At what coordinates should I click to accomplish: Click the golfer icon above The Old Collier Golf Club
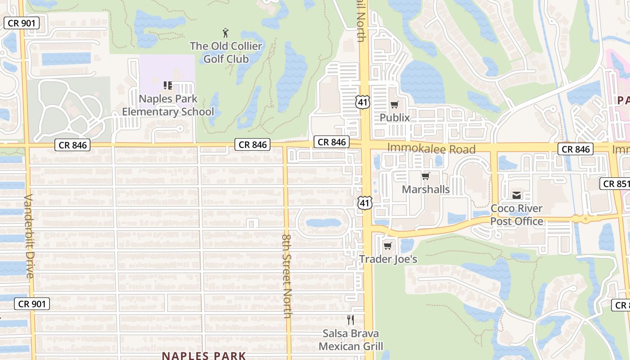click(x=225, y=33)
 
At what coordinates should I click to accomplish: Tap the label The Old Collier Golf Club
click(x=226, y=52)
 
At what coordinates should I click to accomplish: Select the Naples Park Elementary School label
click(x=168, y=105)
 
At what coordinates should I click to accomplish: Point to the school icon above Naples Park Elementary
click(x=168, y=85)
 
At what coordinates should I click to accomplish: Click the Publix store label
click(x=395, y=117)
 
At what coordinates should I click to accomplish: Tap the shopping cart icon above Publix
click(x=395, y=105)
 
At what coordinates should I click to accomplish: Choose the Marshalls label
click(x=426, y=189)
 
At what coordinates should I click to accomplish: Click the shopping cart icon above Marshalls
click(x=426, y=176)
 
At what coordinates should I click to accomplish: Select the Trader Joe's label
click(x=388, y=259)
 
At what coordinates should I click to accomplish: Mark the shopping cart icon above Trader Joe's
click(x=388, y=246)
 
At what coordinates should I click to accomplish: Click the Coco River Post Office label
click(x=517, y=215)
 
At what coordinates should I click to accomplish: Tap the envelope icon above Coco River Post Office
click(x=517, y=195)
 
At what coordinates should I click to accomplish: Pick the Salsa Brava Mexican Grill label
click(x=351, y=340)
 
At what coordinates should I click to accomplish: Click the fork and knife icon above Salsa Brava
click(x=351, y=320)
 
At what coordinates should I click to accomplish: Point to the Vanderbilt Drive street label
click(x=29, y=236)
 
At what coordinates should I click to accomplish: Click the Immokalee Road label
click(x=431, y=148)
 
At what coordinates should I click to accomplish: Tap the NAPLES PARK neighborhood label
click(x=204, y=355)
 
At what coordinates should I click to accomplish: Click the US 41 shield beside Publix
click(x=363, y=102)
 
